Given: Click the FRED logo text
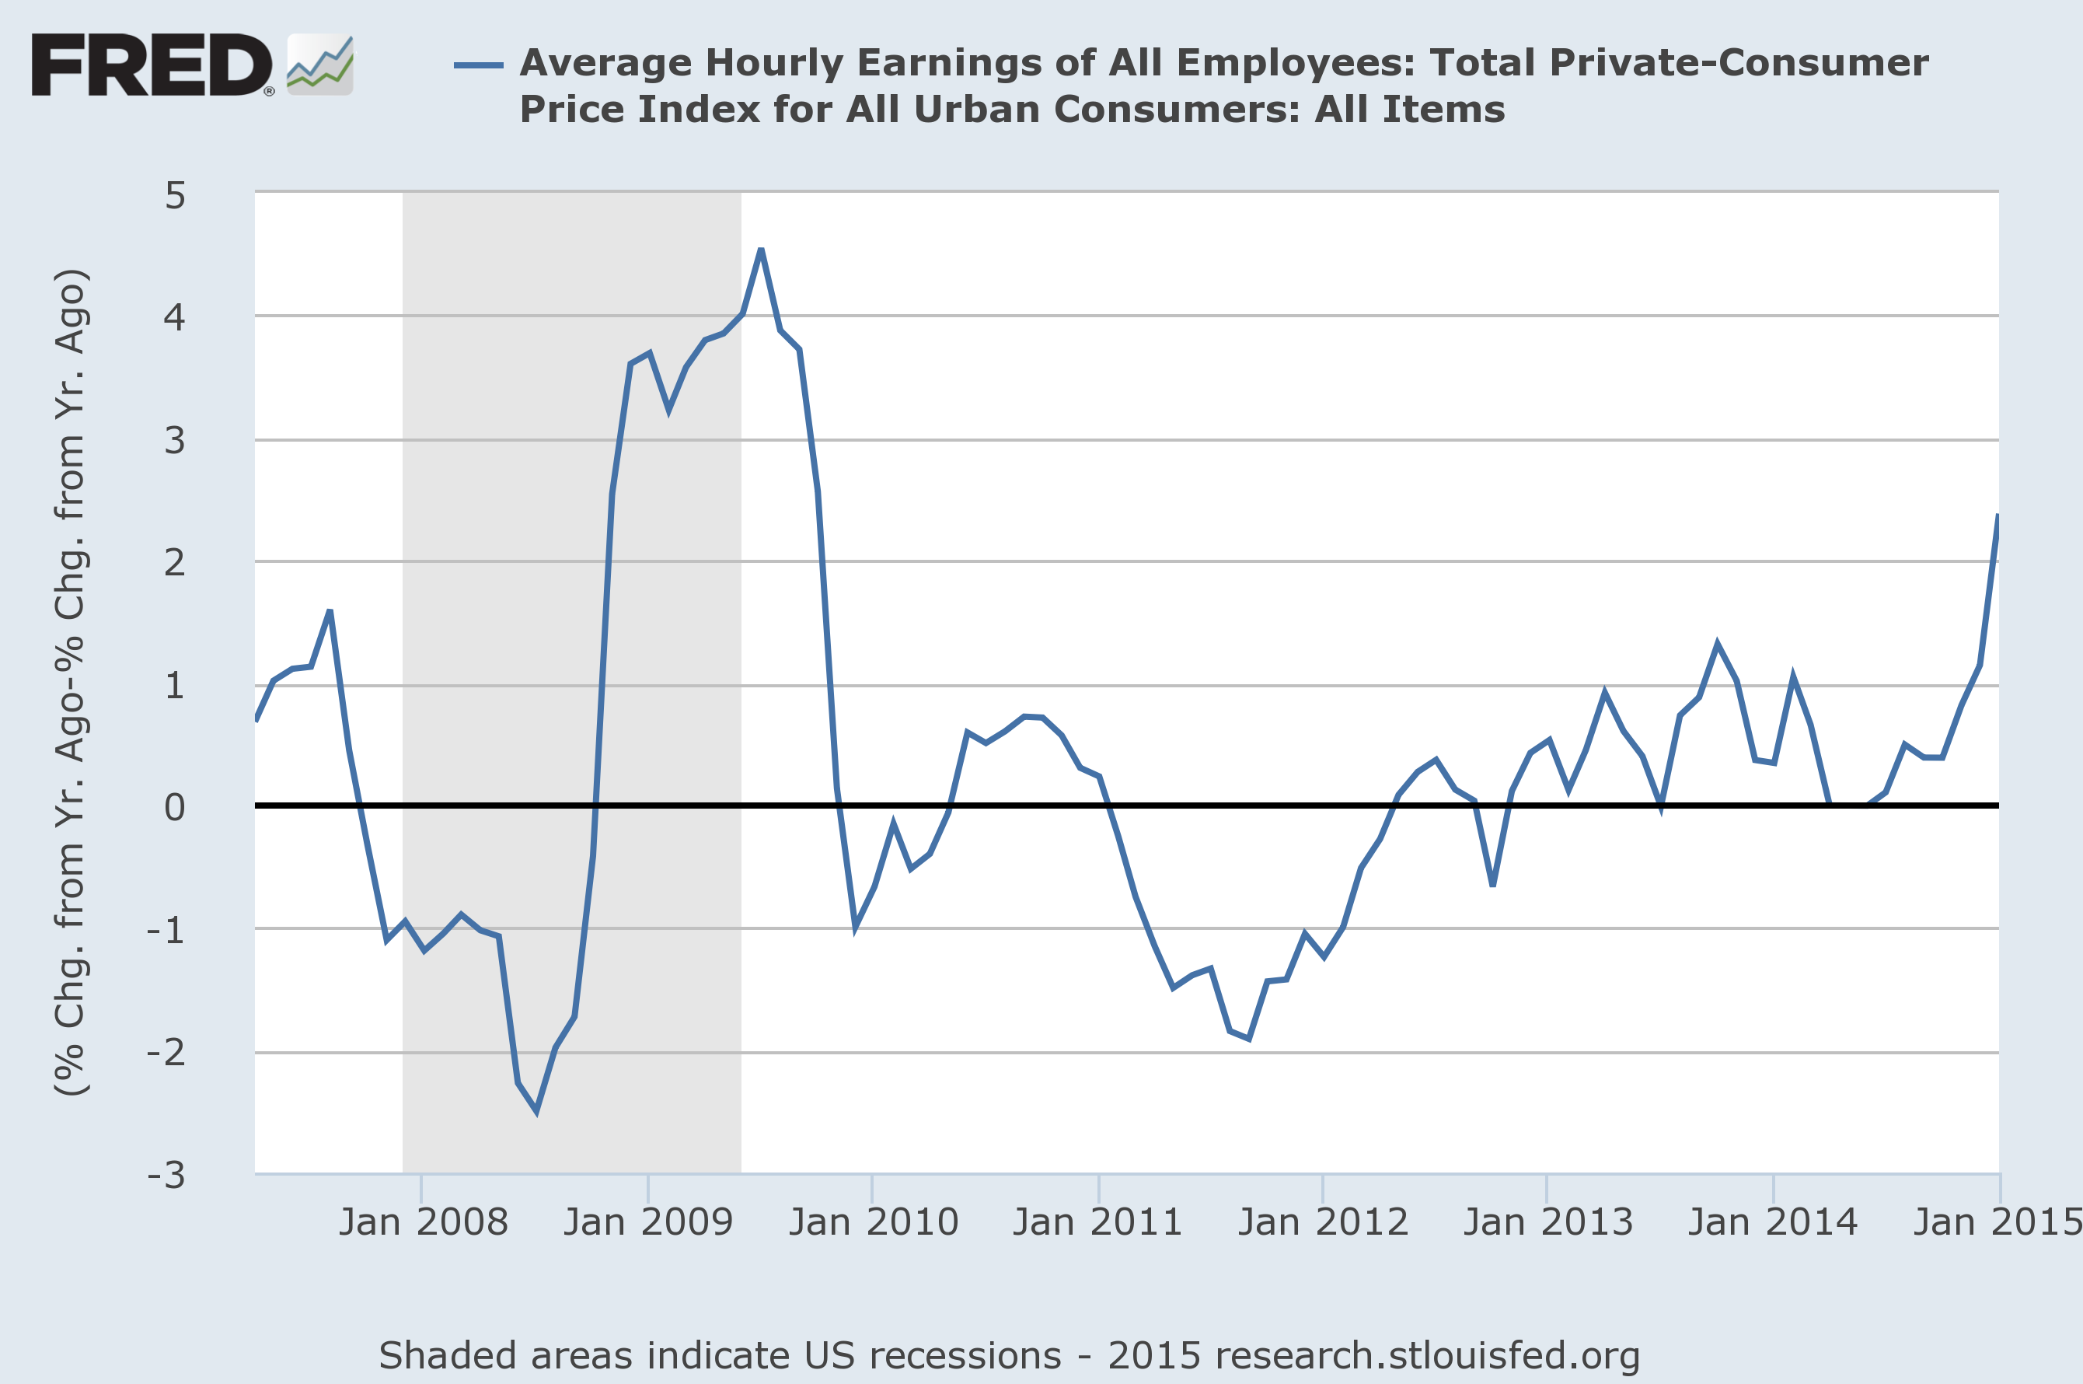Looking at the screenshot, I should click(x=152, y=65).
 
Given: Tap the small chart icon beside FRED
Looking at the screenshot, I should click(x=319, y=65).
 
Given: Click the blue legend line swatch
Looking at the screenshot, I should click(x=478, y=65).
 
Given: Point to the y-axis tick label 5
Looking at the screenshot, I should click(x=175, y=195).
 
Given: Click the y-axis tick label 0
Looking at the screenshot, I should click(x=175, y=807).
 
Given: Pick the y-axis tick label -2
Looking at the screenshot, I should click(x=167, y=1052).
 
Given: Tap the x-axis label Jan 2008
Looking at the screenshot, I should click(x=423, y=1222).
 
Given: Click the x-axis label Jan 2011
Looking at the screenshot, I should click(x=1097, y=1222).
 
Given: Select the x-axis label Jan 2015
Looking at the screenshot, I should click(x=1996, y=1222).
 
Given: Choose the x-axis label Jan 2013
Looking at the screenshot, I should click(x=1547, y=1222).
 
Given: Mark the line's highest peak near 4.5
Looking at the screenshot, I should click(x=760, y=250).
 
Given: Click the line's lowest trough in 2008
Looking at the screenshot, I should click(x=536, y=1111).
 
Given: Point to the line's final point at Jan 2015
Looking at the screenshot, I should click(x=1998, y=516).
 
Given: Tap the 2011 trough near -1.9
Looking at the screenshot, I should click(x=1248, y=1038).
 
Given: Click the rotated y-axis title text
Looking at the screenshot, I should click(x=71, y=681).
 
